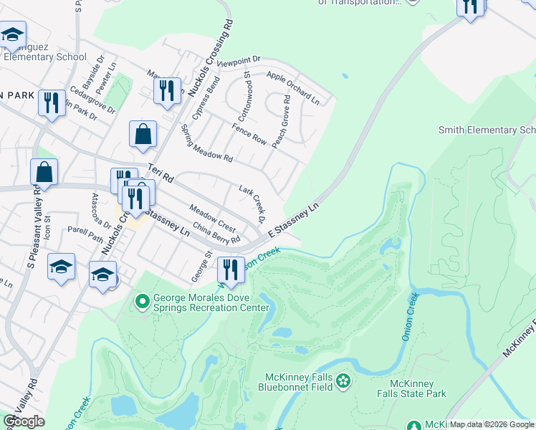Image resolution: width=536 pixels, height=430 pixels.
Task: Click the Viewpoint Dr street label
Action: point(241,62)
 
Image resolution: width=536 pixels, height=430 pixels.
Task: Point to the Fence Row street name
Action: point(249,134)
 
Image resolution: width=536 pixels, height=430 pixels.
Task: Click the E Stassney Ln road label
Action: point(292,221)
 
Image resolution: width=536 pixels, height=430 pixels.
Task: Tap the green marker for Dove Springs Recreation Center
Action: point(142,302)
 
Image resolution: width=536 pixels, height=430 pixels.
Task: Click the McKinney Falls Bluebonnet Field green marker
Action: point(343,380)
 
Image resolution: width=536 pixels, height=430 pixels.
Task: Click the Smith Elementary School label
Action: point(487,130)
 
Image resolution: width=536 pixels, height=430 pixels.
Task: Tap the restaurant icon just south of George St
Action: point(230,270)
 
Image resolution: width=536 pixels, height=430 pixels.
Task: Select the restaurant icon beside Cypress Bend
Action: point(167,91)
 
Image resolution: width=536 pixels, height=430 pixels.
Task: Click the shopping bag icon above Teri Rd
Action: point(143,134)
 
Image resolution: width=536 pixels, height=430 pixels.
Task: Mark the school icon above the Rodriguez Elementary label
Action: point(12,34)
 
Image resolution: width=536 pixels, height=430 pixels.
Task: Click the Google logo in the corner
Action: point(24,421)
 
